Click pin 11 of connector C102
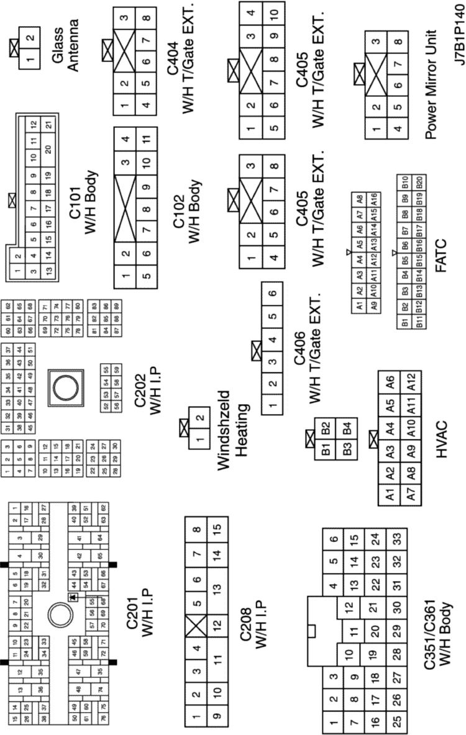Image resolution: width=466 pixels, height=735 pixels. (145, 139)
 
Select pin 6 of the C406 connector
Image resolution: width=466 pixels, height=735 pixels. (272, 295)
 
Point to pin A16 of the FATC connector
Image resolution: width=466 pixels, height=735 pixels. (375, 200)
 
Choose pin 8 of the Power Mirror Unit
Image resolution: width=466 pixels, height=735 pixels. (398, 43)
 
